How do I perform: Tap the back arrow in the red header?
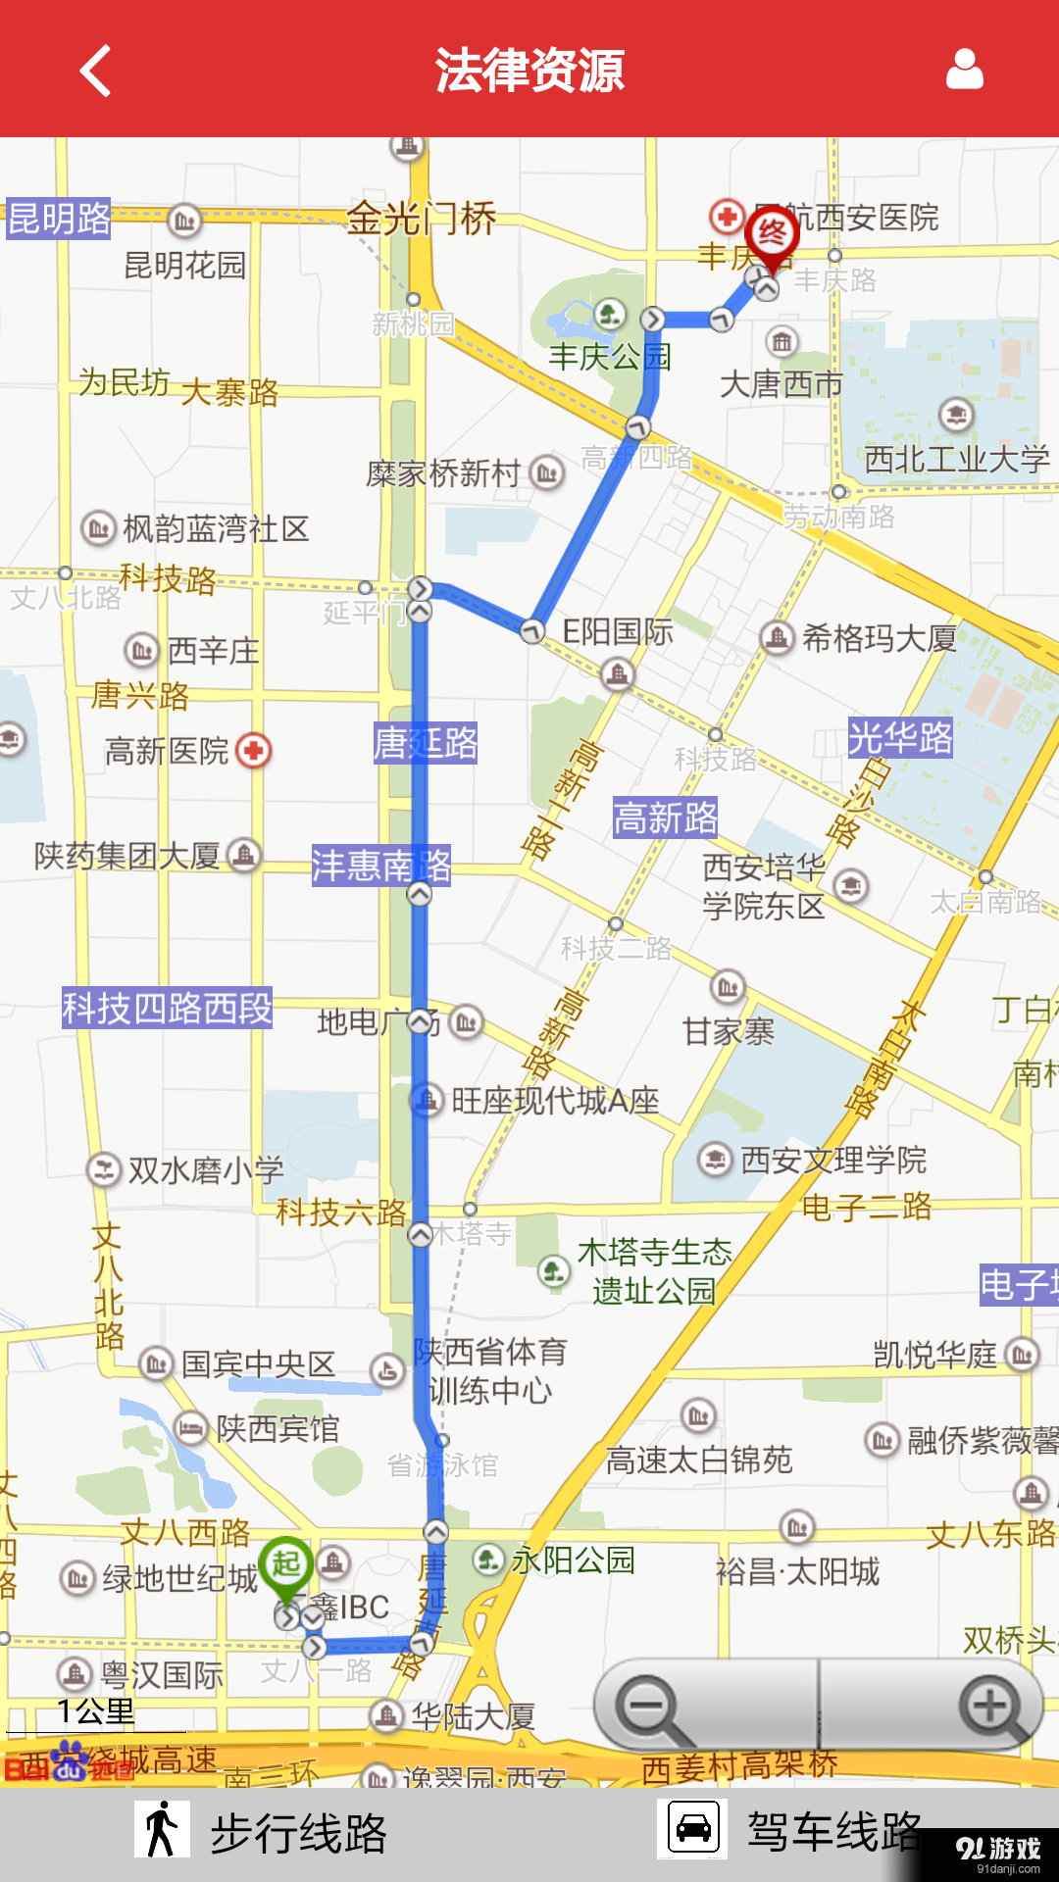96,71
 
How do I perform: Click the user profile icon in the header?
964,70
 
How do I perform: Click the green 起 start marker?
285,1565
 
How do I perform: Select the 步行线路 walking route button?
263,1832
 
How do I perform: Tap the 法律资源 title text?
529,71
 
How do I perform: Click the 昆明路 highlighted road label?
59,219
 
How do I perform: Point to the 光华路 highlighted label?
900,737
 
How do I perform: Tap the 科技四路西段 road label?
167,1008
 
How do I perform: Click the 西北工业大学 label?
957,459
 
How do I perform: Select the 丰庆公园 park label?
609,357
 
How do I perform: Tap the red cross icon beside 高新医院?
254,752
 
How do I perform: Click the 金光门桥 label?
422,219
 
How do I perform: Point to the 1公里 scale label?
96,1712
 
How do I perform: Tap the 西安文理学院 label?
833,1161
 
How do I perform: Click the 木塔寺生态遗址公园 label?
654,1271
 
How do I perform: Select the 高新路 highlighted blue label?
666,817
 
